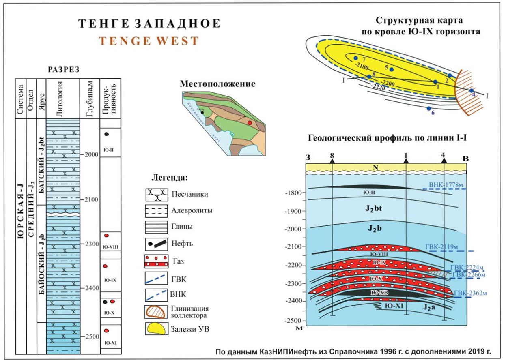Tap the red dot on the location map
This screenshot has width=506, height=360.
click(250, 122)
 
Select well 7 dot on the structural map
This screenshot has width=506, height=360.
click(355, 58)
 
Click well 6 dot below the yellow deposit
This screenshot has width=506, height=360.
click(429, 108)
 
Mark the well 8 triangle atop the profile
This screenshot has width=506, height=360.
click(332, 161)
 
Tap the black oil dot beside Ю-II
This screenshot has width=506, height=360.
click(107, 134)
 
